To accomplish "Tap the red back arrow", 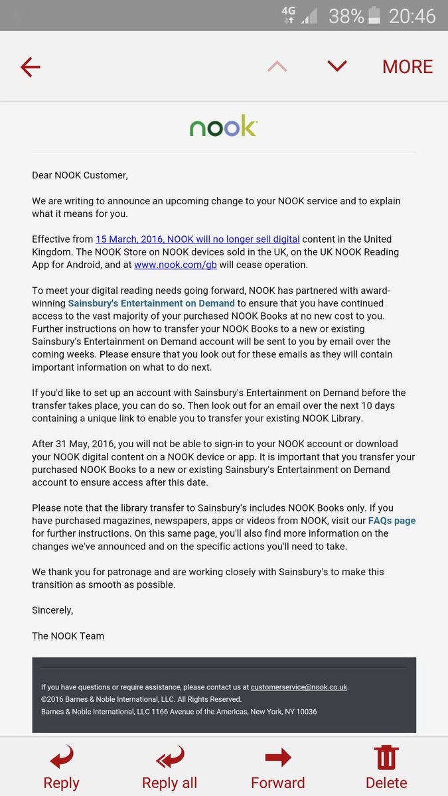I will [31, 66].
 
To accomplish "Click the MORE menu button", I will [407, 66].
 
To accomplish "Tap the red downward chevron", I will [337, 66].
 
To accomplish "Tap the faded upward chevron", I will [277, 66].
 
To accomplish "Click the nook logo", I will [223, 126].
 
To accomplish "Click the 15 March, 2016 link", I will [197, 239].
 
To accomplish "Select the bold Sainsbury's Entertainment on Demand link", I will [151, 303].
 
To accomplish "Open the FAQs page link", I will [392, 521].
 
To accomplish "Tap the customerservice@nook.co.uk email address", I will [299, 687].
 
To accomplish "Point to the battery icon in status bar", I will [375, 15].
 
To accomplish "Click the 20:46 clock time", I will [412, 15].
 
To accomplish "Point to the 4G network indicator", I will [288, 15].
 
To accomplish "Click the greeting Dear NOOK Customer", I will [80, 175].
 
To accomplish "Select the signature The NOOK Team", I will [68, 635].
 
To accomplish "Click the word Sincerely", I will [52, 610].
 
